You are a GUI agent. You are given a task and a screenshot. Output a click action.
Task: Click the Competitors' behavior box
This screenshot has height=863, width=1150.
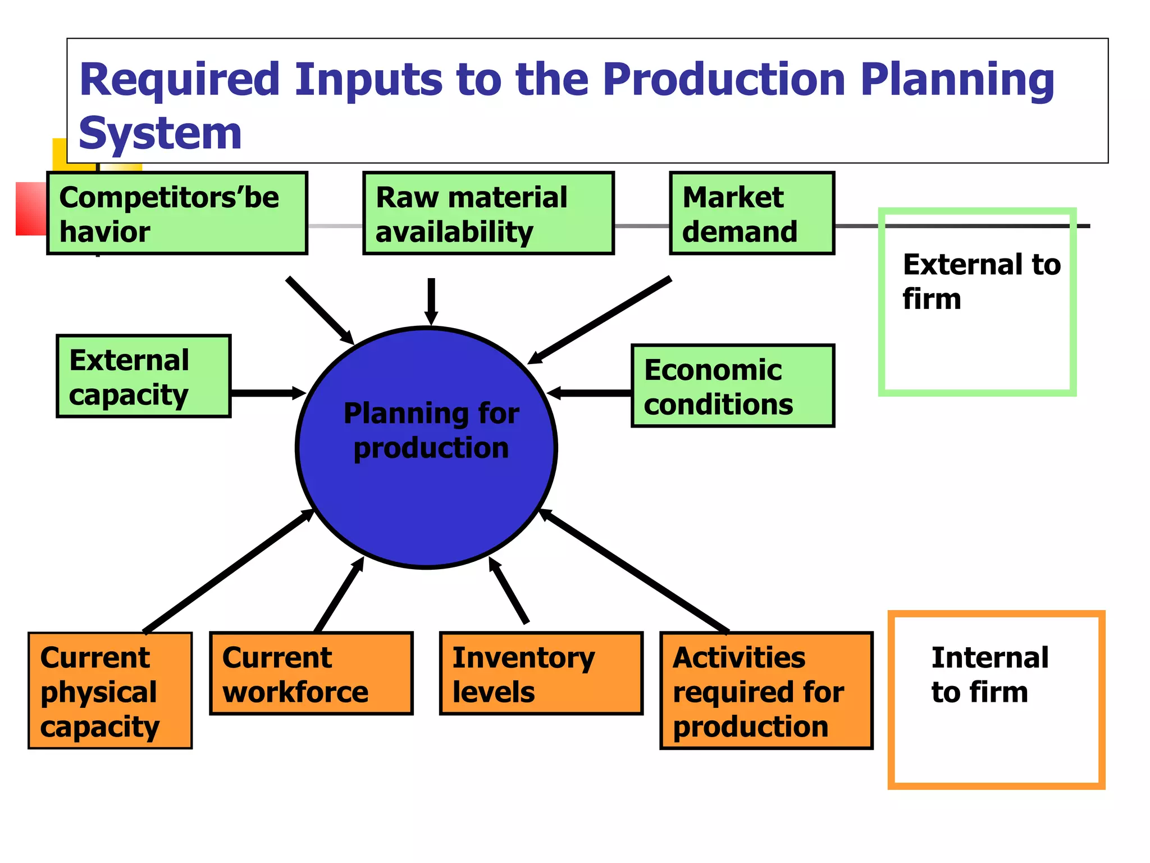coord(177,214)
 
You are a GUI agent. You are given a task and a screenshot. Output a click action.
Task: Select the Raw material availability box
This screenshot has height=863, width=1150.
coord(488,214)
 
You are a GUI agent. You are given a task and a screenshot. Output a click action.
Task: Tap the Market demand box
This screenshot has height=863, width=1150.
coord(752,214)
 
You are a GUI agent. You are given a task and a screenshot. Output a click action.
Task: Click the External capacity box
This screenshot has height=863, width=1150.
coord(144,376)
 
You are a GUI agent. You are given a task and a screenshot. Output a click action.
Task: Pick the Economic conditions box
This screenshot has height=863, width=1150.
coord(733,386)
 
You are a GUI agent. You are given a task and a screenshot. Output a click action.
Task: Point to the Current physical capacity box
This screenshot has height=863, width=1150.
coord(110,691)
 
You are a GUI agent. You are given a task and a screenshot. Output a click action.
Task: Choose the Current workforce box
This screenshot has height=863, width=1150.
coord(311,674)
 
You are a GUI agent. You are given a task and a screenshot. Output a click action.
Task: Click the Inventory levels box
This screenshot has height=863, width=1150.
coord(541,674)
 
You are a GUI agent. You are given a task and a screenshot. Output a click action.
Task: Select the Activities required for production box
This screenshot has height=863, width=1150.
coord(766,691)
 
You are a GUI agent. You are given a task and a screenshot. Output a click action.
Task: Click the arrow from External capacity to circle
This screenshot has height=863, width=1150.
coord(267,393)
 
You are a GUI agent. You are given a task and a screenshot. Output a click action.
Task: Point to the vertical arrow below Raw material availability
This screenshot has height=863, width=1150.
coord(431,301)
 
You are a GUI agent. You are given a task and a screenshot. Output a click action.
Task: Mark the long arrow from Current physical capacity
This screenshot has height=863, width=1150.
coord(227,571)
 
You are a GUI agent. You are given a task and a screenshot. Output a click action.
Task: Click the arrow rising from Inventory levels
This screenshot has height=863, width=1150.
coord(509,591)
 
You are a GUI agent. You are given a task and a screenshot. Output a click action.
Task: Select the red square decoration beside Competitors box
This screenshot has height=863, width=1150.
coord(31,208)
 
